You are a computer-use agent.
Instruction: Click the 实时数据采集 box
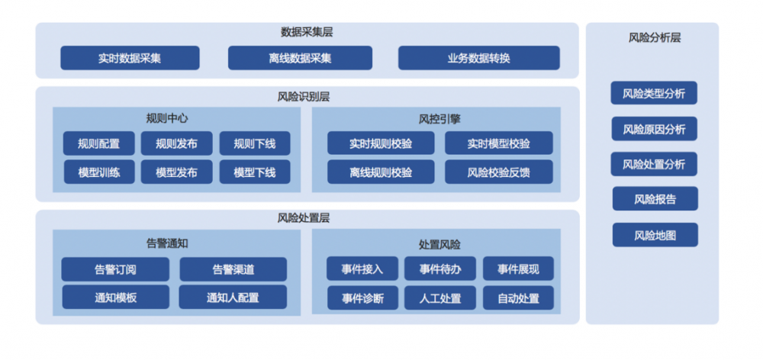130,58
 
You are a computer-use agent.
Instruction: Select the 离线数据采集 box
300,58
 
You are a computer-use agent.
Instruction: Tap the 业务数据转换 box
478,58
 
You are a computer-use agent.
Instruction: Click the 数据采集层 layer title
307,32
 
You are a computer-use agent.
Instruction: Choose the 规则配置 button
98,143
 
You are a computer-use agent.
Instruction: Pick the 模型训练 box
98,172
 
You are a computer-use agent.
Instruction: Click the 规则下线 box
255,143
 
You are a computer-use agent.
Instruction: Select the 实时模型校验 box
498,143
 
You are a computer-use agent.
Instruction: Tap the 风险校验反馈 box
498,172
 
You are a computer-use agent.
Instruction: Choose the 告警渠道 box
233,269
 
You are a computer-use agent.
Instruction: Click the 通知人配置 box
233,297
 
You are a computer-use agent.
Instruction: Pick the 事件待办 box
439,269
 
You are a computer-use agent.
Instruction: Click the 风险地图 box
655,235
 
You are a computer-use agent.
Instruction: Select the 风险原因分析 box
654,129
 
